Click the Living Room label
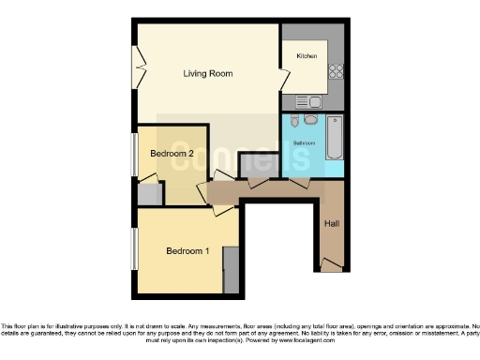(x=208, y=73)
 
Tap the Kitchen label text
(x=307, y=57)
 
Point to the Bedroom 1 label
(x=187, y=250)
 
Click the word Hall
(x=332, y=224)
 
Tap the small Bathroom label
(x=303, y=143)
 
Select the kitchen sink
(x=310, y=101)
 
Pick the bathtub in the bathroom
(x=335, y=138)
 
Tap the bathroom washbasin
(x=310, y=120)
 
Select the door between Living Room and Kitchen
(x=282, y=79)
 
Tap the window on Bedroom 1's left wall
(x=134, y=248)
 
